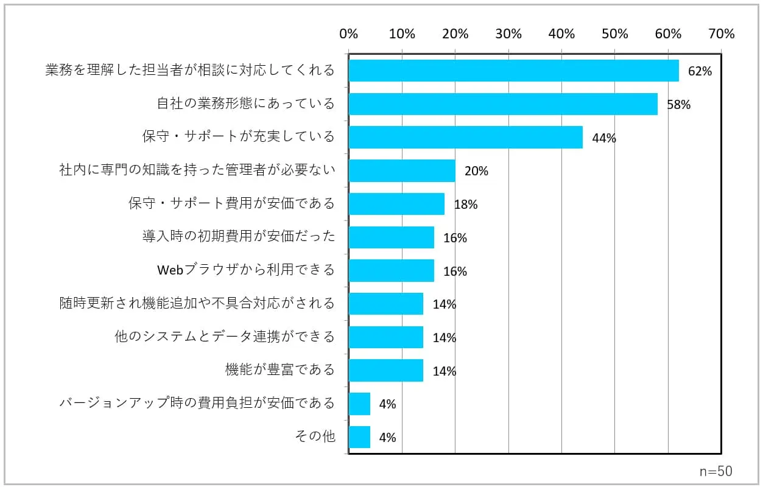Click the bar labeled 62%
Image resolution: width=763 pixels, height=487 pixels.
click(x=513, y=71)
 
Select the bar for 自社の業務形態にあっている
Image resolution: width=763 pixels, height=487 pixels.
click(x=503, y=104)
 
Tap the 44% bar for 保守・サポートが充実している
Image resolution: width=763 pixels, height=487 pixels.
click(x=465, y=138)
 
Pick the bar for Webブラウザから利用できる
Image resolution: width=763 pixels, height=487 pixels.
click(x=391, y=271)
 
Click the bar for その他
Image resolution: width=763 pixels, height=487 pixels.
click(x=359, y=437)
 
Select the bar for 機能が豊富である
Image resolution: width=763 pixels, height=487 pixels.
click(x=385, y=370)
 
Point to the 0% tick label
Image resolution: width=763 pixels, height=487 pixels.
click(x=348, y=34)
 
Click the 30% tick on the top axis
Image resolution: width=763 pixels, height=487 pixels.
click(x=508, y=34)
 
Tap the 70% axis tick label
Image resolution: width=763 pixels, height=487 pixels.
click(x=722, y=34)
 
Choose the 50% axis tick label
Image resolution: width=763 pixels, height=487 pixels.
click(x=615, y=34)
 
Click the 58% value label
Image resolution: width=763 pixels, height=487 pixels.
click(x=678, y=105)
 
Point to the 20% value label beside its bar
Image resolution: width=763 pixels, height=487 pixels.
click(x=476, y=171)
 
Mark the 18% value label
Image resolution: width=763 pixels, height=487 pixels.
click(x=466, y=205)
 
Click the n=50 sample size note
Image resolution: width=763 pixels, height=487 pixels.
click(x=716, y=471)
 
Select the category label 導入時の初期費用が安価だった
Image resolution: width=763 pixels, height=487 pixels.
click(x=239, y=236)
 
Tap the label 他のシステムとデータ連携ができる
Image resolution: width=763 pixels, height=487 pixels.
click(x=225, y=336)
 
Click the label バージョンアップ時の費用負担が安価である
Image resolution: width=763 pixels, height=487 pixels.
click(x=197, y=402)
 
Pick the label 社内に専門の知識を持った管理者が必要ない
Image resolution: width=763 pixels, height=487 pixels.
click(x=197, y=170)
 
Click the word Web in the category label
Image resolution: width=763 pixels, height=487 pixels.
click(x=171, y=270)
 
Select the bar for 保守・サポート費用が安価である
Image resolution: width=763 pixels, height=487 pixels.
click(x=396, y=204)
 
